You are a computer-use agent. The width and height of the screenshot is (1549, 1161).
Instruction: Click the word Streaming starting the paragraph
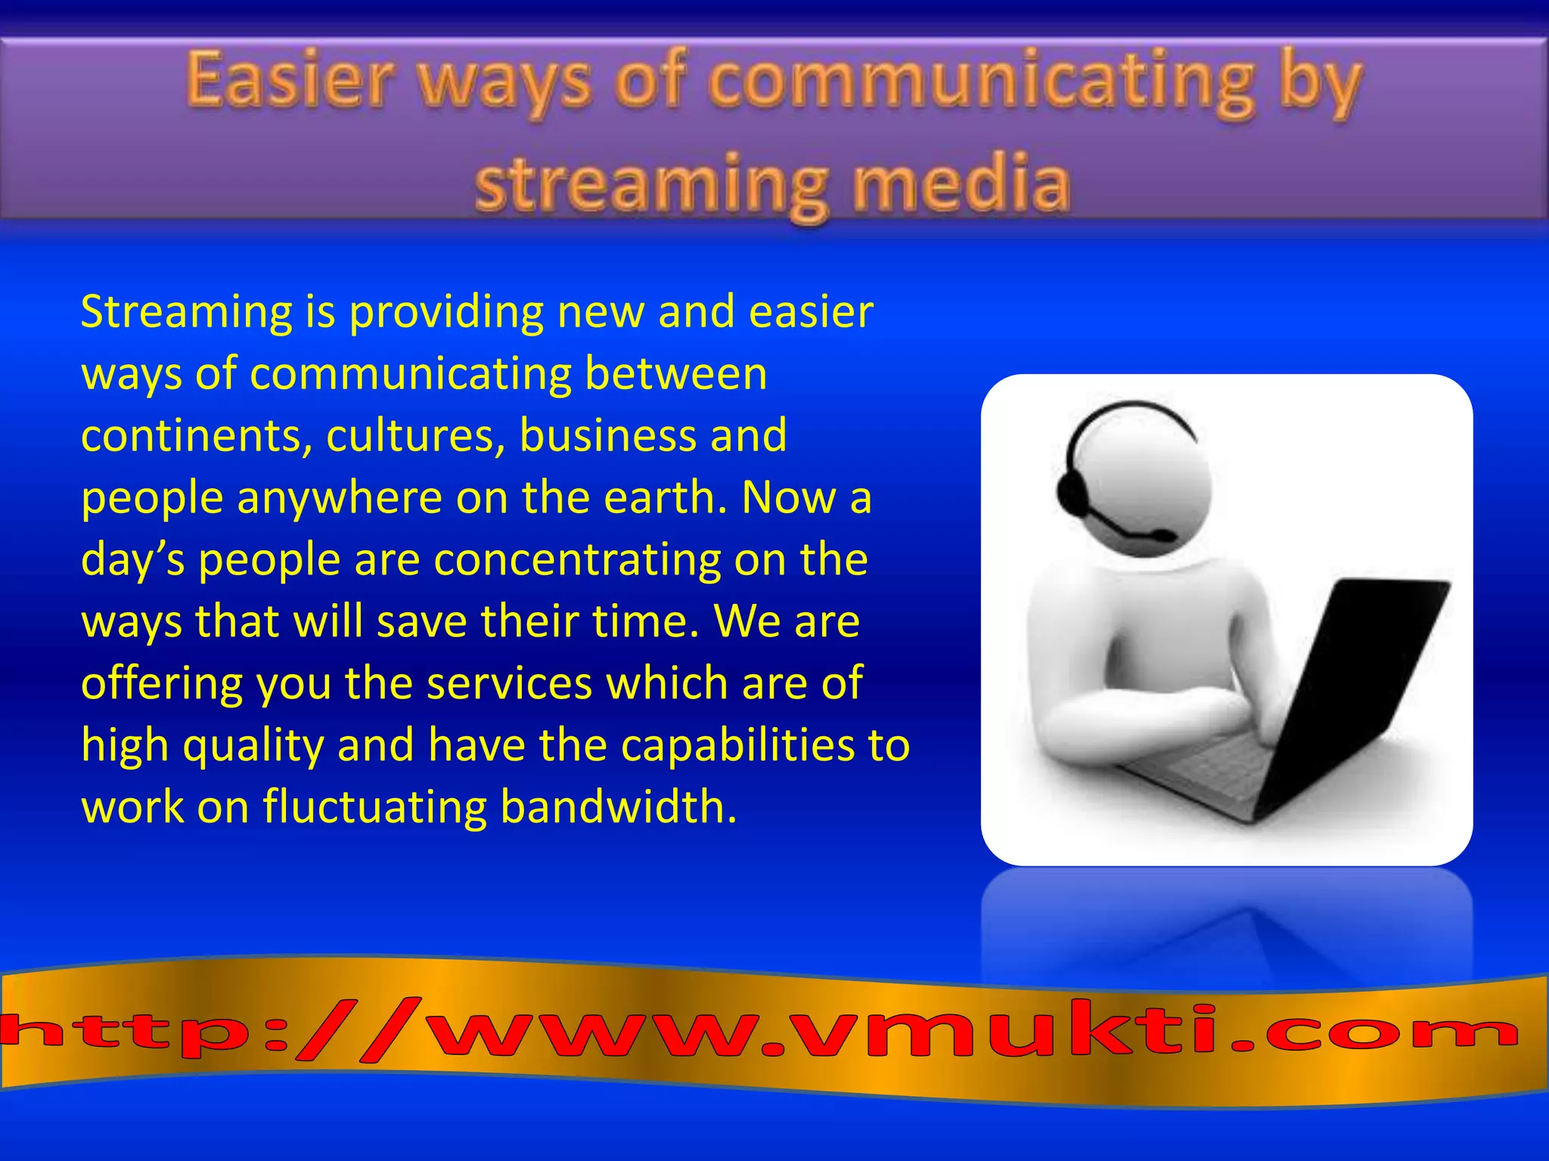[186, 312]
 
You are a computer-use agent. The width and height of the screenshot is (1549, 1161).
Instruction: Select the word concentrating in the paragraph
[577, 560]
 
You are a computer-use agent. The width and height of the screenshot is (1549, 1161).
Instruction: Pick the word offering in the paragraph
[161, 684]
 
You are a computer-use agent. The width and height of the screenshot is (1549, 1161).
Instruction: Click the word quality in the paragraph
[253, 746]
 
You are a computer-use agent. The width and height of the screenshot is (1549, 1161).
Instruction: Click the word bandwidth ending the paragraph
[618, 807]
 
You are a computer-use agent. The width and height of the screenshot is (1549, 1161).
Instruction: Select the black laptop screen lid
[1354, 680]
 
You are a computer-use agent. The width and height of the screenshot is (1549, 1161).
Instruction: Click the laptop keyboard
[1203, 771]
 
